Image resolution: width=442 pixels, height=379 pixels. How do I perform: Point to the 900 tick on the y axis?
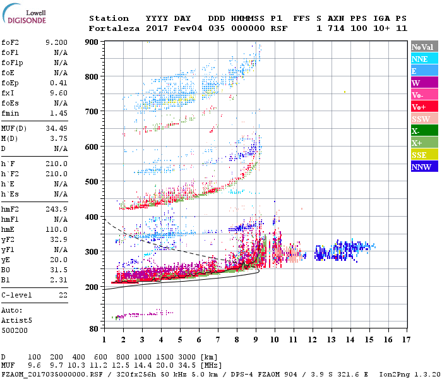92,42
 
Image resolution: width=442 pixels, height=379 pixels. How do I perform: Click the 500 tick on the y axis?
92,182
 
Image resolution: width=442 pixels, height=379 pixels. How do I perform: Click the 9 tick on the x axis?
256,339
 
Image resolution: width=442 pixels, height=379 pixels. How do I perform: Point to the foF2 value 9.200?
56,42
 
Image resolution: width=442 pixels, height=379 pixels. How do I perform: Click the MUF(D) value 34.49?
56,129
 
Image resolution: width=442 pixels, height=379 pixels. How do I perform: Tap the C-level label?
17,295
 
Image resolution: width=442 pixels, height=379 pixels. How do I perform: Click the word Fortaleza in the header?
114,28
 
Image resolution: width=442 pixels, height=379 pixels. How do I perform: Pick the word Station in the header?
109,18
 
